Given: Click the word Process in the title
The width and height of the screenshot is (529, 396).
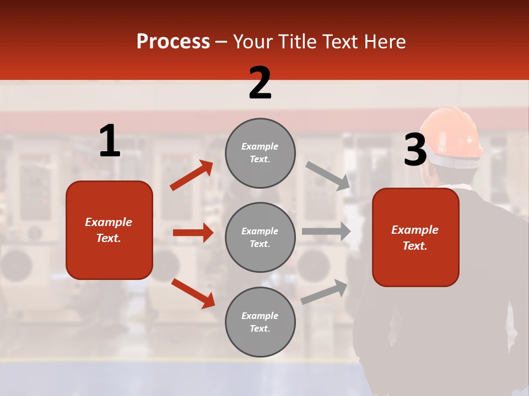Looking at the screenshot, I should tap(173, 42).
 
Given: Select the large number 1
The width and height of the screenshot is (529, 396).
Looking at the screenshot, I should tap(110, 141).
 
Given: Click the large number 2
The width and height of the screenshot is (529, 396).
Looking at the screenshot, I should tap(260, 82).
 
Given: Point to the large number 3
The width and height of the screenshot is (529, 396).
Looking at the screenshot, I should tap(415, 150).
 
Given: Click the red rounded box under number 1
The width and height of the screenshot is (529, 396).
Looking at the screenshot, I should tap(109, 230).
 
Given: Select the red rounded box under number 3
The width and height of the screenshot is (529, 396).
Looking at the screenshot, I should tap(415, 237).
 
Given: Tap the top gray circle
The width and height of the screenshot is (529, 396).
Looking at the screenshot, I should tap(260, 153).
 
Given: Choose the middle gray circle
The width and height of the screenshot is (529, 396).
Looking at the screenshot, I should tap(260, 237).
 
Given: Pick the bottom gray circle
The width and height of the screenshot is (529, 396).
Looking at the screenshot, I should tap(260, 322).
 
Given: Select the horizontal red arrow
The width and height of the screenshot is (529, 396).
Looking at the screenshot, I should tap(193, 233).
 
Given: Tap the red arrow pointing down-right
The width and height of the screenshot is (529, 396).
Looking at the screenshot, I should tap(193, 293).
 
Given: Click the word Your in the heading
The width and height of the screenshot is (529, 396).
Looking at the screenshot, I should tap(252, 42).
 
